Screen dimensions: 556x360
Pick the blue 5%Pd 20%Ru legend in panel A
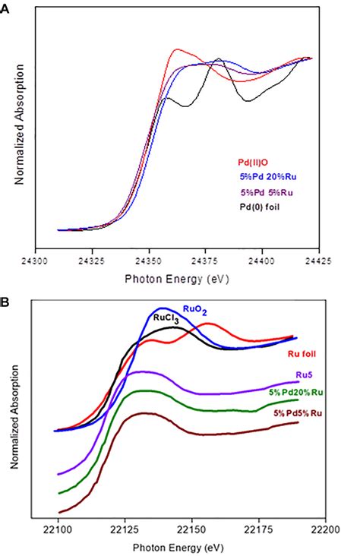pyautogui.click(x=264, y=177)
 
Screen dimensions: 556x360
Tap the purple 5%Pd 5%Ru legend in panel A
pyautogui.click(x=266, y=192)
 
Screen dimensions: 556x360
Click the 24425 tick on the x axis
pyautogui.click(x=318, y=259)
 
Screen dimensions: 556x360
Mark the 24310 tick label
pyautogui.click(x=58, y=259)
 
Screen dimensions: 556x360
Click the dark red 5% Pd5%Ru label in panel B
pyautogui.click(x=307, y=412)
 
